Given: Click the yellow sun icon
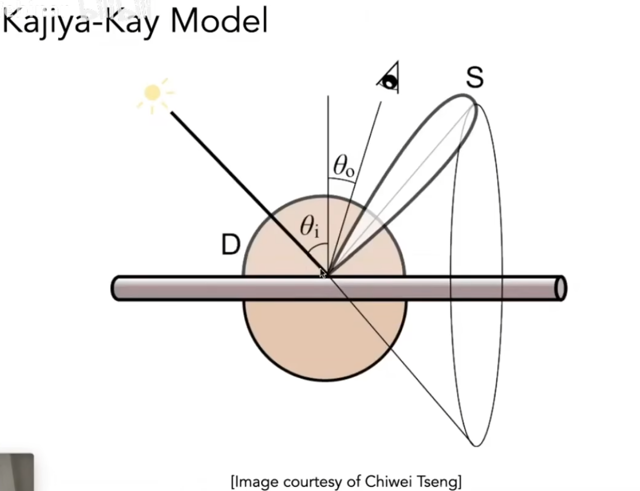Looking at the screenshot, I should (152, 93).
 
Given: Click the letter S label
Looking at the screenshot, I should (474, 77).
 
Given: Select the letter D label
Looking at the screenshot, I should (231, 245).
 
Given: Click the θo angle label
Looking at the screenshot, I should (343, 167).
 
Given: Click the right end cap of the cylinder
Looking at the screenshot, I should (561, 288).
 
